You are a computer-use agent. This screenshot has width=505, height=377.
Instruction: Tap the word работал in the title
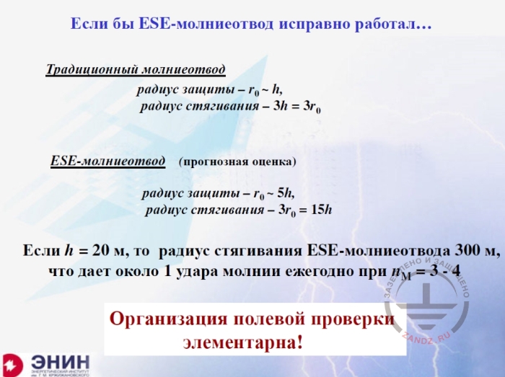pos(396,25)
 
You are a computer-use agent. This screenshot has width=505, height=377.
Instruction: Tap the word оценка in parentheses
pos(271,161)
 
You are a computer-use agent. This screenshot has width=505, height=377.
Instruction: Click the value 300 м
pos(477,251)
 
